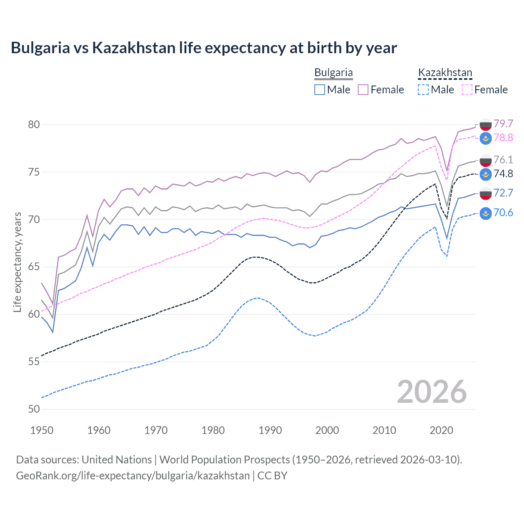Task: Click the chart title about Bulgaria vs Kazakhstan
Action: coord(203,48)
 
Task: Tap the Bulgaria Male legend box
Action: coord(320,90)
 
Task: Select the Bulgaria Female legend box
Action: coord(363,90)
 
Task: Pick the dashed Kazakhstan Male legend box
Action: coord(423,90)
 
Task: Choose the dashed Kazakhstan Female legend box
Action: coord(467,90)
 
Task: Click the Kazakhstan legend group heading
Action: coord(445,73)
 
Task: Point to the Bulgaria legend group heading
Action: coord(333,73)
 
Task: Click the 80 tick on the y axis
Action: coord(34,124)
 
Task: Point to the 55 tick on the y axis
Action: coord(34,362)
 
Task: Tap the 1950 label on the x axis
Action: coord(42,430)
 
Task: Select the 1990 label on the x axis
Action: coord(270,430)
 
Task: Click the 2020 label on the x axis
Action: coord(441,430)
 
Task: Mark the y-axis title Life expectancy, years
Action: coord(17,262)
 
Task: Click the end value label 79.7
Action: coord(503,124)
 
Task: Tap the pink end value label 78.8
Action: coord(503,138)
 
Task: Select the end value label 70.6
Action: coord(503,212)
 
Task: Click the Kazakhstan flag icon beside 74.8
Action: coord(486,174)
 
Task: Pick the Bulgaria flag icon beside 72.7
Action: coord(486,194)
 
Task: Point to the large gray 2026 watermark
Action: coord(431,392)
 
